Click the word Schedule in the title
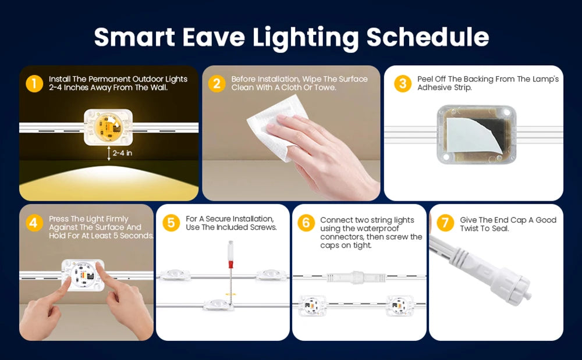click(428, 37)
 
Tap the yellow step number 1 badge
click(34, 83)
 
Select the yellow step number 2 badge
click(217, 83)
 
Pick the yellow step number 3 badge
click(403, 83)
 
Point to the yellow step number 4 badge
click(34, 223)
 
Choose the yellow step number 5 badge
click(171, 223)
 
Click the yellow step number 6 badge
click(306, 223)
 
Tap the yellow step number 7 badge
click(445, 223)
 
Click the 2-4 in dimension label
click(122, 153)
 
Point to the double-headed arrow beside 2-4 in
click(109, 153)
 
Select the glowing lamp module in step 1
click(108, 127)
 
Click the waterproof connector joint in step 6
click(356, 277)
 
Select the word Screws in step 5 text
click(263, 227)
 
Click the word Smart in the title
click(134, 37)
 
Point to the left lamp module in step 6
click(312, 305)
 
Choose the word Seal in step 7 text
click(501, 229)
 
